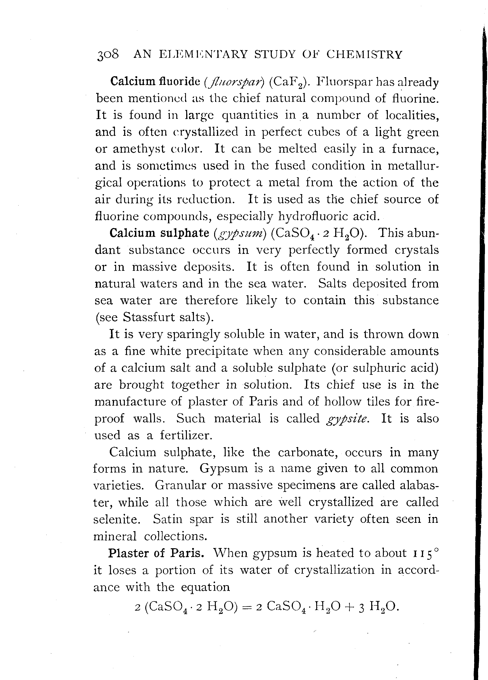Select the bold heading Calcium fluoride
point(155,81)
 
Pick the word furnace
point(415,149)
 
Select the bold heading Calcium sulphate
point(159,233)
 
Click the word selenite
point(117,519)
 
